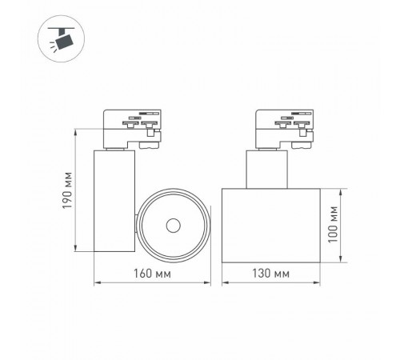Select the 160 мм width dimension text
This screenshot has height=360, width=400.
[x=153, y=274]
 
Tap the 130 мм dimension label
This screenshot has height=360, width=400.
[x=270, y=274]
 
